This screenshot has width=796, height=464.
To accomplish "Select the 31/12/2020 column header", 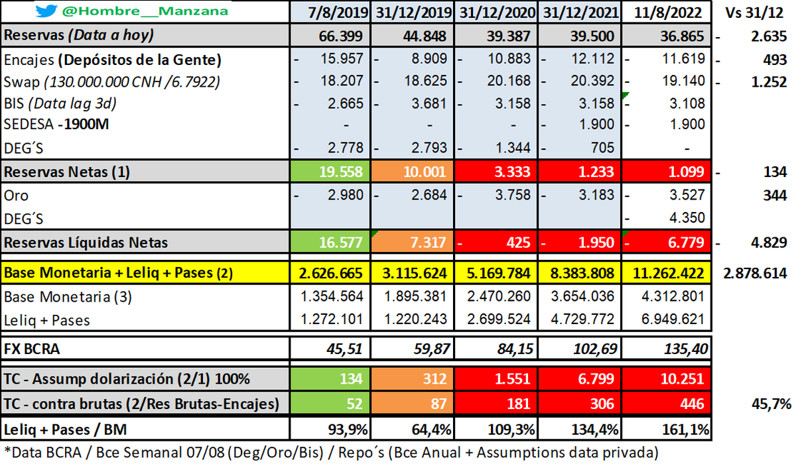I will coord(497,12).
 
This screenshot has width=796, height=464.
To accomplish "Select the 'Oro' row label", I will coord(17,196).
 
